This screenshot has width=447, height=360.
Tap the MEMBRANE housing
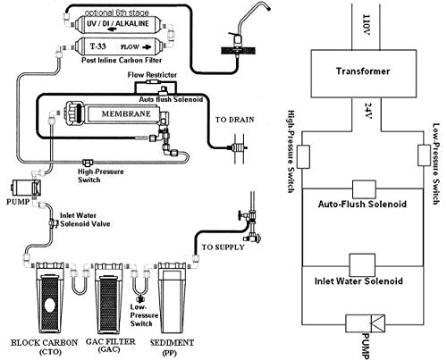115,115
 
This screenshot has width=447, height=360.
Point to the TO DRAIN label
232,116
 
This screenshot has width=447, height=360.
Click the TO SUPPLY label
219,245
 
